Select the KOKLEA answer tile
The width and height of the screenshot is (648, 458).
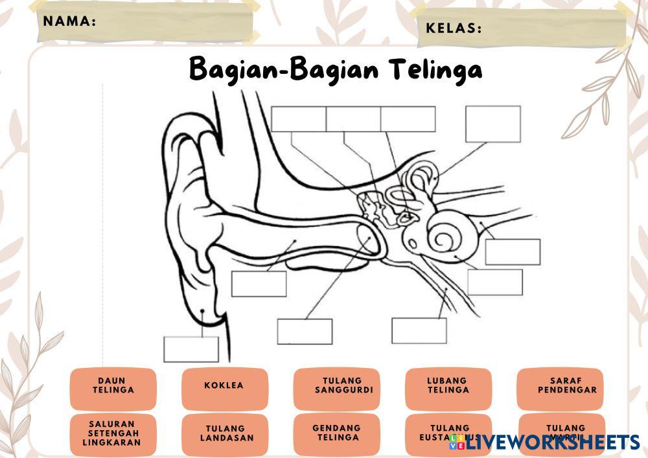point(224,386)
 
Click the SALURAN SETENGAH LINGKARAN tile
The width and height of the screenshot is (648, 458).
point(113,433)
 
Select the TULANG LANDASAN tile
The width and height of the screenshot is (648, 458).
point(225,433)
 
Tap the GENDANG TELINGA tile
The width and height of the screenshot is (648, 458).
point(336,433)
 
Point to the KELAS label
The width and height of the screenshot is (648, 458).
point(454,29)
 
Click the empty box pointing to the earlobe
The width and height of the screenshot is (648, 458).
point(191,349)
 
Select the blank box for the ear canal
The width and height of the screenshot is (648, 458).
point(259,284)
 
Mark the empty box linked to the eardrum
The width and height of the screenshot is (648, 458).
point(305,331)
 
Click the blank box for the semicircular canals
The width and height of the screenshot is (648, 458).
point(492,124)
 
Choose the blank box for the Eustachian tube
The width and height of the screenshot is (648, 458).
point(419,330)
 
